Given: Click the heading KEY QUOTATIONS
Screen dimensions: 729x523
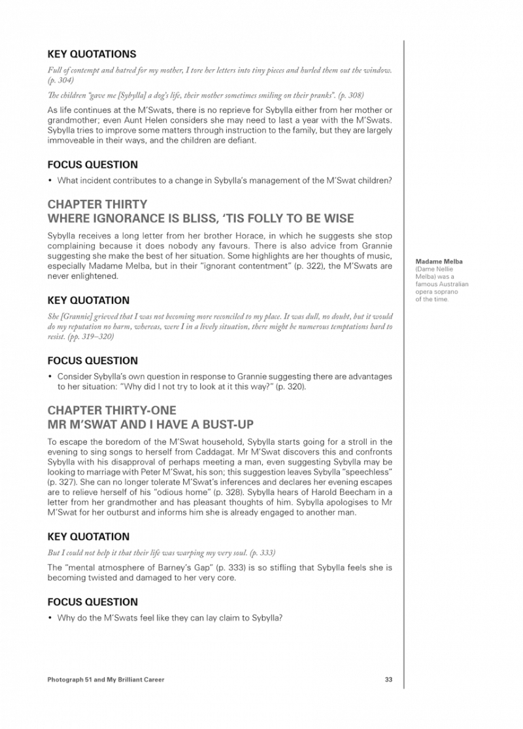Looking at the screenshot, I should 92,54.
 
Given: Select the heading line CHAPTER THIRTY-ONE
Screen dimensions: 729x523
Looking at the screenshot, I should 112,410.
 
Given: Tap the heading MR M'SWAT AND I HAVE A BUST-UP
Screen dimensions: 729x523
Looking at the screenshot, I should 150,424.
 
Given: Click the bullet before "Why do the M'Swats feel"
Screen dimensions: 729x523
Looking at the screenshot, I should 50,618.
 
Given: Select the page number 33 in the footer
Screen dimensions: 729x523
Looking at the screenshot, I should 388,680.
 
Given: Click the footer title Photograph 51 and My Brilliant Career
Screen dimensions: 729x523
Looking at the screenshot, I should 106,680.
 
